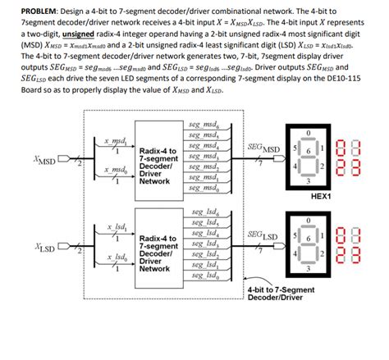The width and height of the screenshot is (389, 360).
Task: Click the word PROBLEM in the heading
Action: (x=26, y=7)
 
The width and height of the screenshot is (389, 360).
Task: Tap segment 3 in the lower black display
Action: (x=309, y=268)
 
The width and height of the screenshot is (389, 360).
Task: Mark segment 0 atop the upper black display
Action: (x=309, y=132)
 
